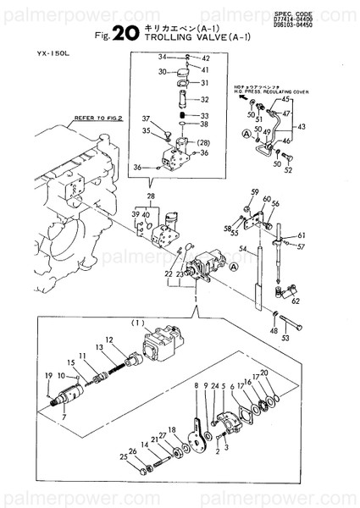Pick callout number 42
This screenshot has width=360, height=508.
pos(205,58)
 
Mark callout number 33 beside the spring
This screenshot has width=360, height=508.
pos(205,115)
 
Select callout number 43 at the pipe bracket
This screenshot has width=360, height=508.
pos(303,127)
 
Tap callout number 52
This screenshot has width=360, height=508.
pos(288,170)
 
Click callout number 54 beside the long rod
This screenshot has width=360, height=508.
pos(242,250)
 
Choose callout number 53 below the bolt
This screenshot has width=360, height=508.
pos(285,338)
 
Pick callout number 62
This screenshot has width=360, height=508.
pos(295,300)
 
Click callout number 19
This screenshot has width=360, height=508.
pos(47,375)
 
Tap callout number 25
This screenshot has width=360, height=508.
pos(123,458)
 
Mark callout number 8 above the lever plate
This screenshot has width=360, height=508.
pos(195,386)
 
